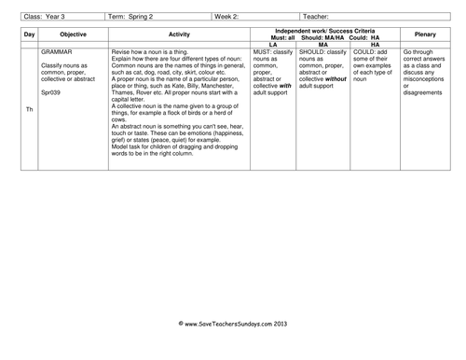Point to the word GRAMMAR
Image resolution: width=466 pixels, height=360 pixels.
coord(58,51)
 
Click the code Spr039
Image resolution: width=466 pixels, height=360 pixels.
coord(54,93)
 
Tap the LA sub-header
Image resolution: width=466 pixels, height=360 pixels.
coord(273,44)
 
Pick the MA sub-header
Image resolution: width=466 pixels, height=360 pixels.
coord(322,44)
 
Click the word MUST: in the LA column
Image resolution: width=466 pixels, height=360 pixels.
coord(265,51)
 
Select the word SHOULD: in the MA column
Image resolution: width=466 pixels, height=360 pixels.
coord(315,51)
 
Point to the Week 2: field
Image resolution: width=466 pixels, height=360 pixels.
coord(229,16)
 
